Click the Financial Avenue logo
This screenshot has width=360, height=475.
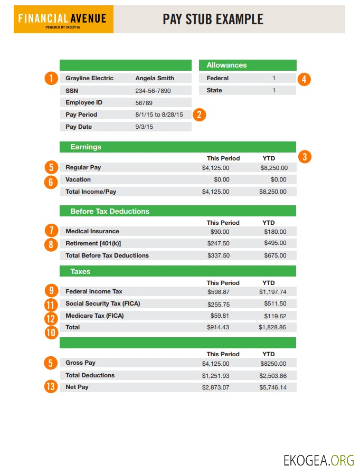point(62,20)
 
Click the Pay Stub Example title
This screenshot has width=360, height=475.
point(213,20)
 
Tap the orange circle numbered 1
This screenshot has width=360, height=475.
point(51,79)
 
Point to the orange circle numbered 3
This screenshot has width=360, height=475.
point(305,157)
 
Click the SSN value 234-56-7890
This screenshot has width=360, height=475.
point(153,91)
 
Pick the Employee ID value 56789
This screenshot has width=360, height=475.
point(144,103)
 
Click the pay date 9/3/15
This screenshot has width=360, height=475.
point(144,127)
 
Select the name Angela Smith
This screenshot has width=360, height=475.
point(155,79)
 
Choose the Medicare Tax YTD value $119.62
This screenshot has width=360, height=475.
point(275,316)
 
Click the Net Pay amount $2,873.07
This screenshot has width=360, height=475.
point(215,388)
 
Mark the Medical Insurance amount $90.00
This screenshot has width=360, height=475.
point(220,232)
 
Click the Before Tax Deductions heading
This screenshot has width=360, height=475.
point(110,212)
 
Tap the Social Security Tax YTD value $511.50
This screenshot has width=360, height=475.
point(275,304)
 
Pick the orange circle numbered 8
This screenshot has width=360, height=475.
point(51,244)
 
